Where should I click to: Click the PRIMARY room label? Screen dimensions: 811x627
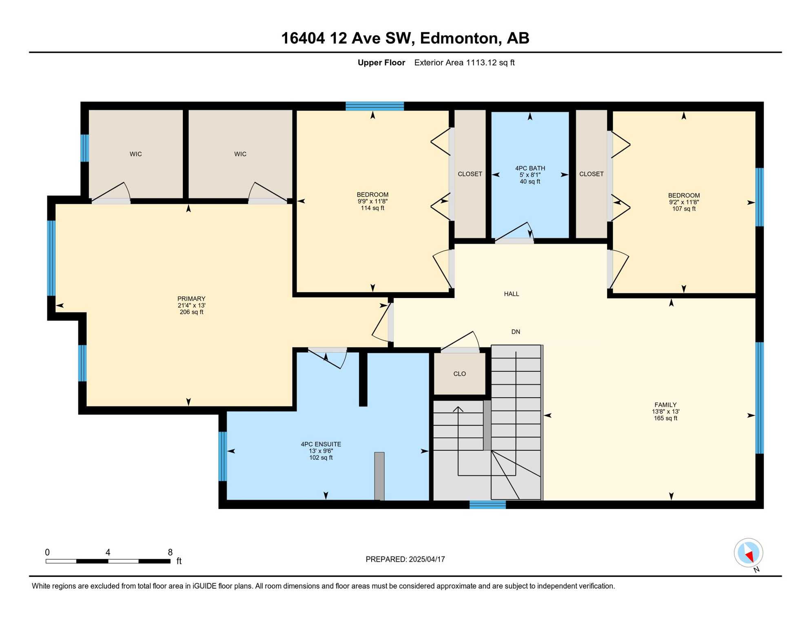[191, 299]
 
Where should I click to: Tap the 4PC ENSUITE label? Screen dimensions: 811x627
[321, 445]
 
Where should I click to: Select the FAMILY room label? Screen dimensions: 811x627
[665, 405]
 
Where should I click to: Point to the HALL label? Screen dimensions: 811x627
[512, 294]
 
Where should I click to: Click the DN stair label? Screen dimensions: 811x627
[516, 332]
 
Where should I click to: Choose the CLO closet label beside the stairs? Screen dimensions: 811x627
[460, 374]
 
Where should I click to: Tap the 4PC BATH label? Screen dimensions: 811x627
[530, 168]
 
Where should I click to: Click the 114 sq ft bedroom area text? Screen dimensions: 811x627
[372, 208]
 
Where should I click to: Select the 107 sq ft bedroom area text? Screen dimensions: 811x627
[684, 209]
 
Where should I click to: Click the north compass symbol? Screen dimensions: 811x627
[749, 553]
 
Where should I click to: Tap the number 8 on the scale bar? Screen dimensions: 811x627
[170, 552]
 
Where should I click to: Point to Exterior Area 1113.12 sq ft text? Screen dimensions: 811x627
[464, 62]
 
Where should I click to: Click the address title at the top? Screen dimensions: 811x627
[405, 38]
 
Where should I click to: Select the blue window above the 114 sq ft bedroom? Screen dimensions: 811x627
[374, 106]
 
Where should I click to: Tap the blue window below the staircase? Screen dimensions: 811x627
[487, 505]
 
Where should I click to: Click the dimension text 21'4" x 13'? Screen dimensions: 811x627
[191, 305]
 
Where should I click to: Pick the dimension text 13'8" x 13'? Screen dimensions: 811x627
[665, 411]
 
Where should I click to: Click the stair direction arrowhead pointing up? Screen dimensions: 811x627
[458, 409]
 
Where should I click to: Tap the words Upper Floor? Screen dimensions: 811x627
[381, 62]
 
